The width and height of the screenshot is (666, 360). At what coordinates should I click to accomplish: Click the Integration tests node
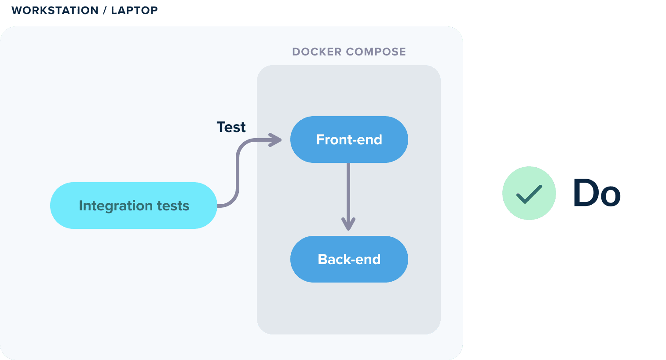tap(133, 206)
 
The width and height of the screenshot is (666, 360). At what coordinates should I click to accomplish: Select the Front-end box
tap(349, 140)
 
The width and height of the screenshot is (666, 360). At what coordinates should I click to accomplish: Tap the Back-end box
tap(349, 259)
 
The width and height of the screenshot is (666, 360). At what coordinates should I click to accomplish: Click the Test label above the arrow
tap(231, 127)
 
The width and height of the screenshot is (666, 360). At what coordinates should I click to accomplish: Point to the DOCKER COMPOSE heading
tap(349, 52)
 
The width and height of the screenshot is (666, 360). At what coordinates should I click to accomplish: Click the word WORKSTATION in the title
tap(55, 11)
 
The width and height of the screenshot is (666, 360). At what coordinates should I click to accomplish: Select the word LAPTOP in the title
tap(135, 11)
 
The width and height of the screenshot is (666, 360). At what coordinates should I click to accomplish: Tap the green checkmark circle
tap(529, 193)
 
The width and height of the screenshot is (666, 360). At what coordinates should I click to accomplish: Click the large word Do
tap(597, 192)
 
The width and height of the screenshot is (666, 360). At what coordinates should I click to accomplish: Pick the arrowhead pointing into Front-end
tap(275, 140)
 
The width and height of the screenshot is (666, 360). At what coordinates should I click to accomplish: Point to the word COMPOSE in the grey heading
tap(376, 52)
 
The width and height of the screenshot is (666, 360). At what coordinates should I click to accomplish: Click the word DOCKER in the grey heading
tap(317, 52)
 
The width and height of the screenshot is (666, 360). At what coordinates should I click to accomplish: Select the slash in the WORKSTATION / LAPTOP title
tap(105, 11)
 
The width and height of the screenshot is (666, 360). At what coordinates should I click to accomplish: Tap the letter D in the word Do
tap(585, 192)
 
